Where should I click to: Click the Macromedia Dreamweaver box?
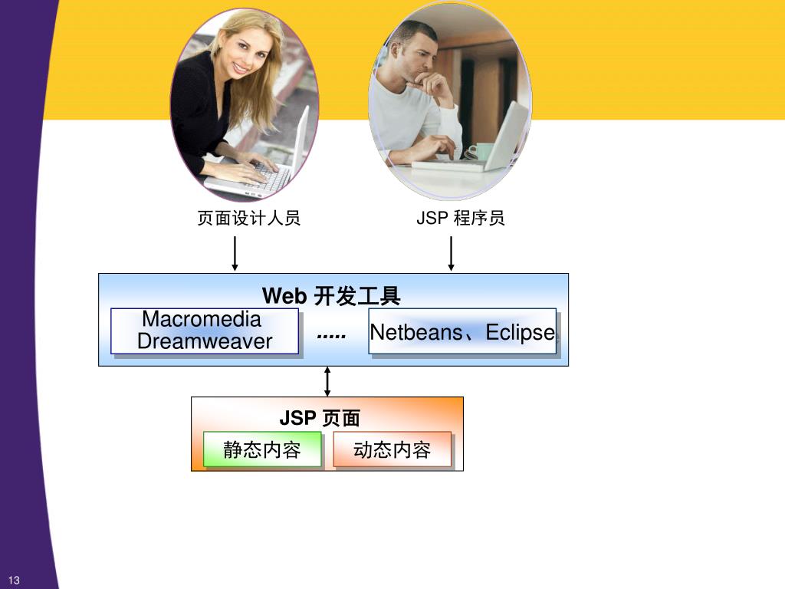204,331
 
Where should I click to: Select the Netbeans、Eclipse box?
461,331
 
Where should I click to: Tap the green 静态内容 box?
261,449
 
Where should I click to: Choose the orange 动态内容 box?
392,449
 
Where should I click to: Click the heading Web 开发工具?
331,296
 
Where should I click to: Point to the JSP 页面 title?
320,418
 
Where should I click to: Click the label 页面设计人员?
249,219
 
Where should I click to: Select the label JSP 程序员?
461,219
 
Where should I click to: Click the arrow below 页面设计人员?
235,254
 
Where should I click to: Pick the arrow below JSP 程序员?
451,254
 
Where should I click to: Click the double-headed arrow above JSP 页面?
327,381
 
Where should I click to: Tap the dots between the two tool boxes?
331,337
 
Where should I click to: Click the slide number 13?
15,580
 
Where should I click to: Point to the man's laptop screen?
509,134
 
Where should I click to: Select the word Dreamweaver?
205,342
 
